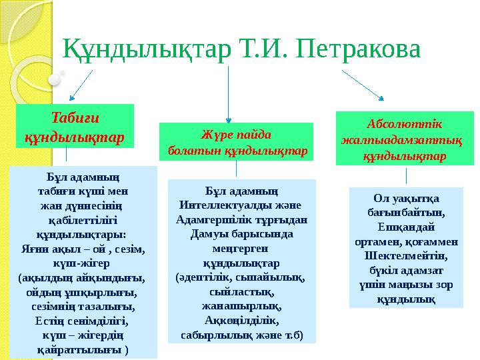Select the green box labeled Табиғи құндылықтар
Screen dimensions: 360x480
75,125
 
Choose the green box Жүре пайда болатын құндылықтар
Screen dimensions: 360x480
237,142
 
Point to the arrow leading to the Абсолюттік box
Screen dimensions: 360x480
363,83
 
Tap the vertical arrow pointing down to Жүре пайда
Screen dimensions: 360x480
229,93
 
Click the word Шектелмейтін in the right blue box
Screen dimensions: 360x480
406,255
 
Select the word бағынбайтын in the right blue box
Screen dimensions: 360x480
406,212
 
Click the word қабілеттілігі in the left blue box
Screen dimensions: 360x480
83,220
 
